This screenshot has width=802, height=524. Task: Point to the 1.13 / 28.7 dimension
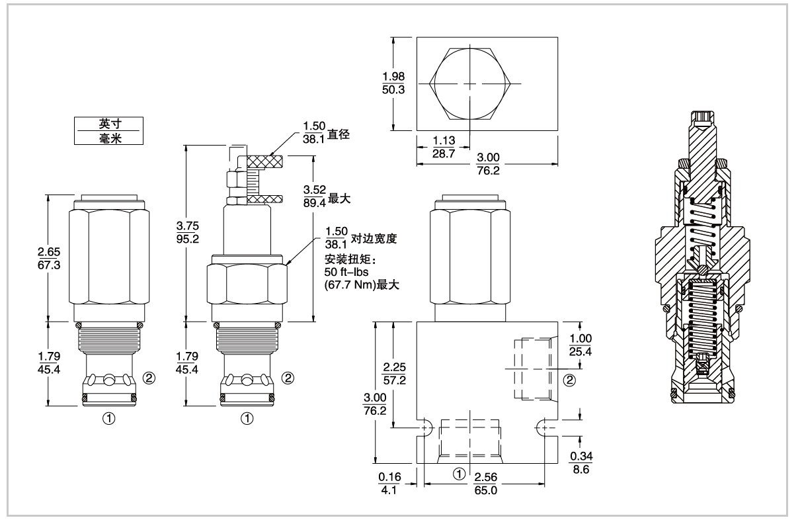(442, 148)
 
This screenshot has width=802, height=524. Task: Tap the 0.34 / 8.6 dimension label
(582, 462)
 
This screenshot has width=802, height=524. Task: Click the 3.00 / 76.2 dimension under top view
(487, 163)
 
